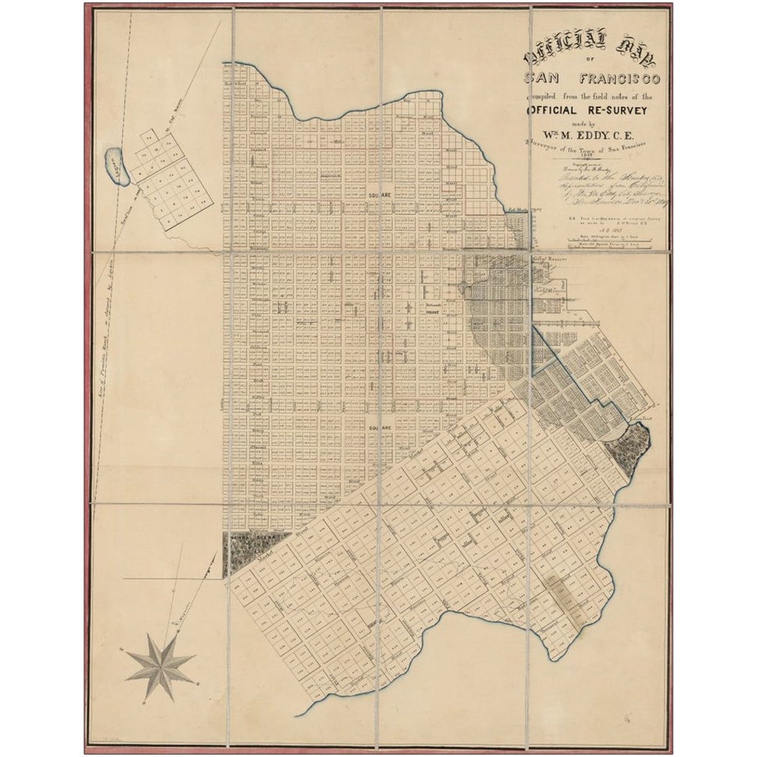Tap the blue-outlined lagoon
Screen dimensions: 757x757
117,165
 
